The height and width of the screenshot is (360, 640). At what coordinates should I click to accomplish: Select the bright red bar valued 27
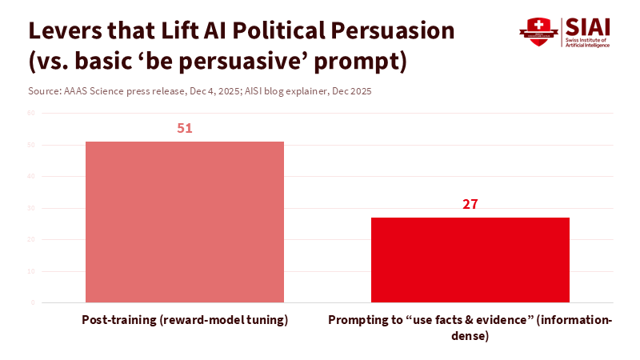(470, 260)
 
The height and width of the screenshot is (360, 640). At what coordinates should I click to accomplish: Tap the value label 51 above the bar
(185, 128)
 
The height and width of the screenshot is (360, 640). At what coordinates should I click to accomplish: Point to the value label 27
(470, 204)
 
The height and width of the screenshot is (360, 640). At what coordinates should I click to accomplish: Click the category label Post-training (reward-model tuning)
(185, 320)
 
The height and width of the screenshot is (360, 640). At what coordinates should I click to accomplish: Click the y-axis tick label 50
(32, 145)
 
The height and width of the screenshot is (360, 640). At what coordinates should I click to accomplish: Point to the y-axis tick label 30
(32, 208)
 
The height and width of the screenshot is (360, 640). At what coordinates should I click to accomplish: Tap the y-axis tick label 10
(32, 271)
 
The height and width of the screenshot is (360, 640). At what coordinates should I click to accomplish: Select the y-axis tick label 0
(34, 302)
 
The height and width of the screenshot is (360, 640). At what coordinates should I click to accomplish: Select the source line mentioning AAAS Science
(200, 91)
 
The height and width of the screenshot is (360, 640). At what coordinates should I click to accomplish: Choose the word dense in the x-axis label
(470, 336)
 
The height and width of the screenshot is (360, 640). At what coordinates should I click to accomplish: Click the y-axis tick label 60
(32, 114)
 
